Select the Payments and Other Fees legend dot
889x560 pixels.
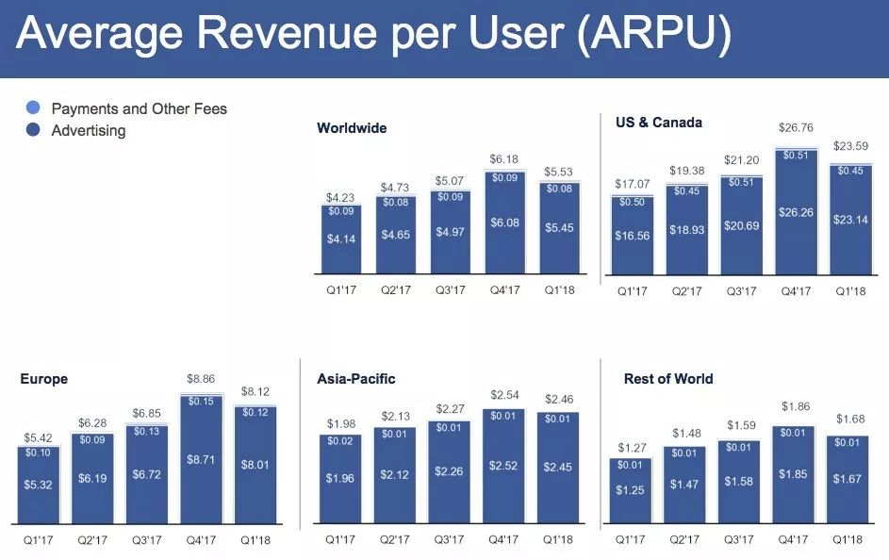pyautogui.click(x=33, y=108)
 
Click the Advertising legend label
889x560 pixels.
pyautogui.click(x=88, y=130)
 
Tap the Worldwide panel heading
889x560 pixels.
pyautogui.click(x=352, y=128)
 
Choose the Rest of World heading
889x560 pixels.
pyautogui.click(x=668, y=379)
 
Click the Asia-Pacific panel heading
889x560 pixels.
pyautogui.click(x=356, y=379)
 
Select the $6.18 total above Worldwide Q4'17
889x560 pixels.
pyautogui.click(x=504, y=159)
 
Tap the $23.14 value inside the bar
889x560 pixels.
pyautogui.click(x=850, y=218)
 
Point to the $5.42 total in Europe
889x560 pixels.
pyautogui.click(x=38, y=437)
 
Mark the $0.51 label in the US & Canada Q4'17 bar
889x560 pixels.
pyautogui.click(x=797, y=156)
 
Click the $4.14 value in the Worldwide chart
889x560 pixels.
pyautogui.click(x=341, y=240)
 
